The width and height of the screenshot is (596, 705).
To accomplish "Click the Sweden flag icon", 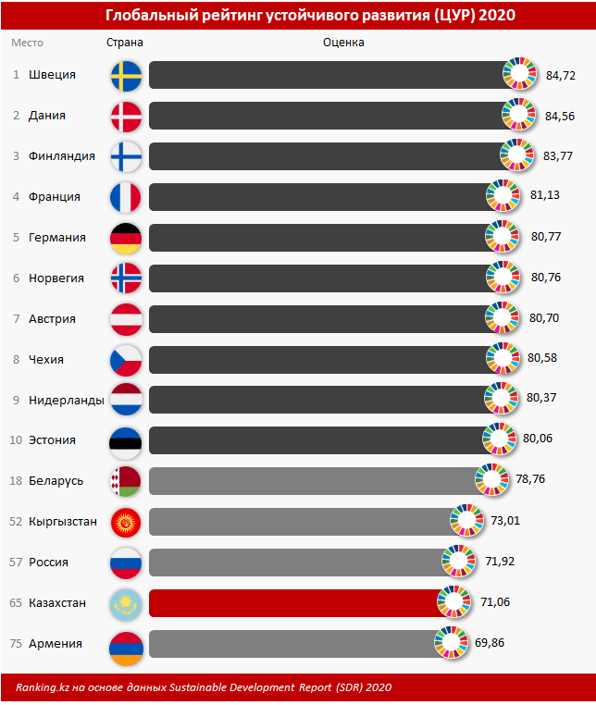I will pos(125,75).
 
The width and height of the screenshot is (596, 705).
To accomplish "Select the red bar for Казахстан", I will pos(296,603).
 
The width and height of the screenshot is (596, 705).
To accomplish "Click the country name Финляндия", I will pos(62,156).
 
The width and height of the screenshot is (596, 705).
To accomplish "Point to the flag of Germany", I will pos(125,238).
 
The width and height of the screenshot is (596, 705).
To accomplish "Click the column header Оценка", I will pos(343,43).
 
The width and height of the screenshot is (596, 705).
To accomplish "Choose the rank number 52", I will pos(15,522).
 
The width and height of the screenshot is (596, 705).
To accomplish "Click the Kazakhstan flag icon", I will pos(125,603).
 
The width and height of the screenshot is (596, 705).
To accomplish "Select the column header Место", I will pos(27,43).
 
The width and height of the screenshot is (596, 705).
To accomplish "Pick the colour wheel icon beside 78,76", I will pos(492,481).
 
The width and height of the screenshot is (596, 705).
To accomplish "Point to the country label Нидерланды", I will pos(66,400).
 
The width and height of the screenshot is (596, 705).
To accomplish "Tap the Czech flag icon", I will pos(125,359).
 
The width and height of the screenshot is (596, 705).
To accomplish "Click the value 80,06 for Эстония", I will pos(538,439).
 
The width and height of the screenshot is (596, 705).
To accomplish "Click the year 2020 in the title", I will pos(497,16).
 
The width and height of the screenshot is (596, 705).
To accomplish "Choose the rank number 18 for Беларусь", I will pos(15,481).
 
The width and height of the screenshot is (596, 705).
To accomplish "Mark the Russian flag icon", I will pos(125,563).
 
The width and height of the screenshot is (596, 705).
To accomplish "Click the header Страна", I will pos(125,43).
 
